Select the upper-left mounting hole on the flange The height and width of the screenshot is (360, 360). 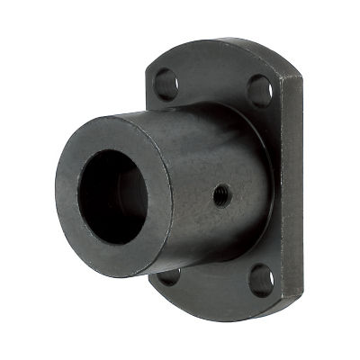pos(165,83)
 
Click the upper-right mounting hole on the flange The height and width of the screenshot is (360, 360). pos(258,90)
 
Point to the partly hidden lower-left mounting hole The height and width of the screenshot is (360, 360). pos(169,275)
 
